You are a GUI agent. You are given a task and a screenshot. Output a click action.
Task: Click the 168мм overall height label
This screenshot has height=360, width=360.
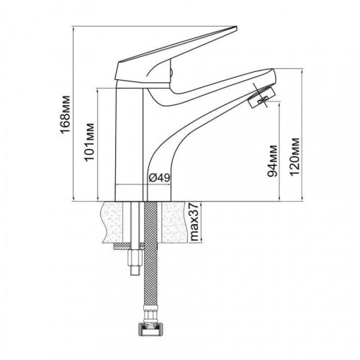point(66,114)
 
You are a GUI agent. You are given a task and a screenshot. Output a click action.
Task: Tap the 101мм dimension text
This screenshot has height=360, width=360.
point(89,142)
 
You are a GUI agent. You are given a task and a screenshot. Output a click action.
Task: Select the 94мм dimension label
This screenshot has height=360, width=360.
point(272,161)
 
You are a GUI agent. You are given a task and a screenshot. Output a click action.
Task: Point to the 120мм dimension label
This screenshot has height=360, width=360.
point(294,157)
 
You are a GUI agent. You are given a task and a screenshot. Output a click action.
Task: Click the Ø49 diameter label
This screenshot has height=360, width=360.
point(160,178)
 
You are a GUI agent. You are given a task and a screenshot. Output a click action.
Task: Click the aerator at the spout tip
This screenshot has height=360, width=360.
point(261,97)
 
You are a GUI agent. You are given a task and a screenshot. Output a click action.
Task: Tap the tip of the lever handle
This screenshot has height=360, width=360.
point(236,28)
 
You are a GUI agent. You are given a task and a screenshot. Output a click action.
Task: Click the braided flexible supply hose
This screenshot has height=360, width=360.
point(150,253)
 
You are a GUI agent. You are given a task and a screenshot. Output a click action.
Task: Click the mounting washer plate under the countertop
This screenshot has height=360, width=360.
point(128,246)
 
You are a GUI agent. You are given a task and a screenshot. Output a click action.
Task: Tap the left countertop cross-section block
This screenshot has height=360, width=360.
point(112,222)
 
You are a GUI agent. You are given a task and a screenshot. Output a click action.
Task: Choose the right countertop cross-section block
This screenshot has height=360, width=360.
point(175,222)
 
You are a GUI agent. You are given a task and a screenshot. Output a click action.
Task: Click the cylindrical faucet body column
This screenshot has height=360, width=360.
point(130,144)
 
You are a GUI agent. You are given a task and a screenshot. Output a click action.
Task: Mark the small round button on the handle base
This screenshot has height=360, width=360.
point(171,72)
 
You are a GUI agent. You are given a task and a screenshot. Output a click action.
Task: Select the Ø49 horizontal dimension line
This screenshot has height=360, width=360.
point(143,184)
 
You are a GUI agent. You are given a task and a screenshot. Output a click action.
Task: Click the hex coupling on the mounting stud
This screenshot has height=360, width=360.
point(135,257)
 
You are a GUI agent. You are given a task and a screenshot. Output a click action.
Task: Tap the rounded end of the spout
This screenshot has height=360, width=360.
point(271,75)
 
